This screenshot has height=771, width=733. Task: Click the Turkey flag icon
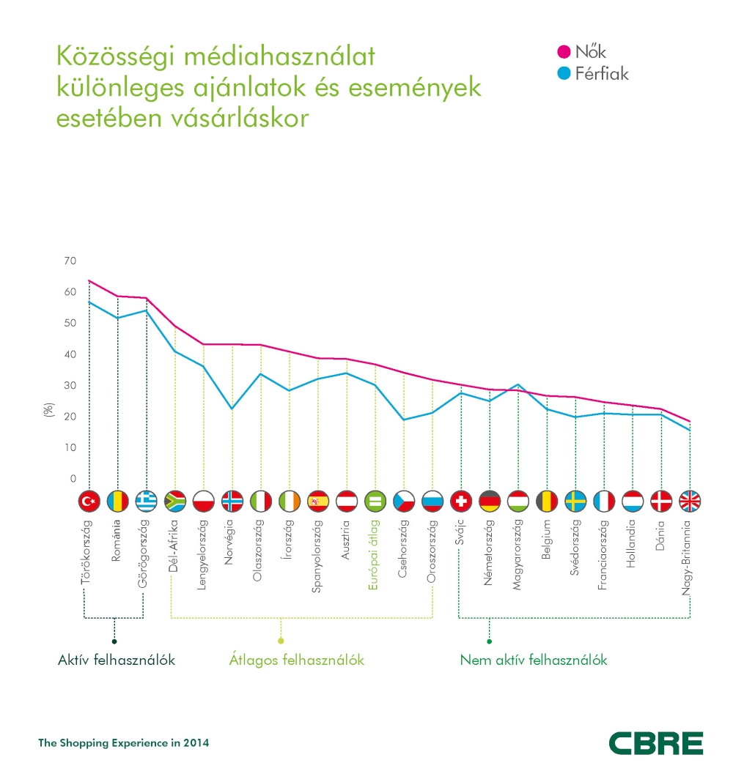pyautogui.click(x=89, y=502)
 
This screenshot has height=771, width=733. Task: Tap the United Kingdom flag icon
pyautogui.click(x=690, y=502)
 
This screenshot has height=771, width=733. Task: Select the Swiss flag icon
pyautogui.click(x=460, y=502)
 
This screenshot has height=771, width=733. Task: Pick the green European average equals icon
pyautogui.click(x=375, y=502)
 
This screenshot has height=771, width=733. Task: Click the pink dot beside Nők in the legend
pyautogui.click(x=564, y=52)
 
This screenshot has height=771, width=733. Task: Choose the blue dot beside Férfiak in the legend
pyautogui.click(x=564, y=74)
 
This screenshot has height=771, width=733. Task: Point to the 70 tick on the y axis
pyautogui.click(x=70, y=261)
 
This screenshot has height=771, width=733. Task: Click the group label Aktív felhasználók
pyautogui.click(x=116, y=660)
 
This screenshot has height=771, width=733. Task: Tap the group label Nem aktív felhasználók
pyautogui.click(x=534, y=660)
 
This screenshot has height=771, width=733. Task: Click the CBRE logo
pyautogui.click(x=655, y=742)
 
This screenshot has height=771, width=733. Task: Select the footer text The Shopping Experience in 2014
pyautogui.click(x=123, y=742)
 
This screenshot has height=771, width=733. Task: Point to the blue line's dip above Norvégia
pyautogui.click(x=232, y=409)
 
